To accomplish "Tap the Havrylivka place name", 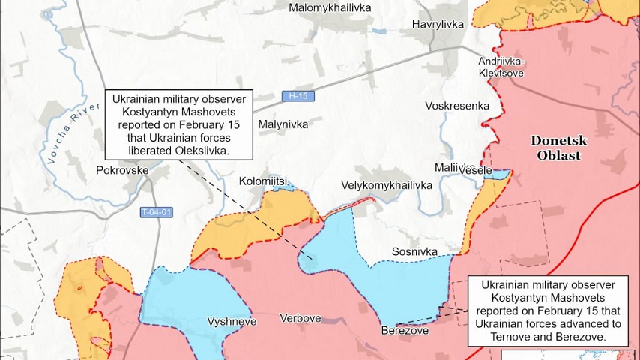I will tap(438, 25).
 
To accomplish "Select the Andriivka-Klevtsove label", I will tap(501, 67).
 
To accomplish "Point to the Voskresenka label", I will tap(456, 106).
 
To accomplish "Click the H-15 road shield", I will tap(298, 96).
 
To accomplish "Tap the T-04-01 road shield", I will tap(157, 212).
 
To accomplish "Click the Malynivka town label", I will tap(283, 124).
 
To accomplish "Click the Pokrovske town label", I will tap(123, 171).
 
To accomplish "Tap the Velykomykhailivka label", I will tap(387, 184).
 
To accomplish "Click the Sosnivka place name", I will tap(414, 251).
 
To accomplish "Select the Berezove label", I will tap(404, 330).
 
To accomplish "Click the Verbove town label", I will tap(300, 318).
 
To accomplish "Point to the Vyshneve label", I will tap(232, 321).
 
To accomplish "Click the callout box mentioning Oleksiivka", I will tap(179, 124).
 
